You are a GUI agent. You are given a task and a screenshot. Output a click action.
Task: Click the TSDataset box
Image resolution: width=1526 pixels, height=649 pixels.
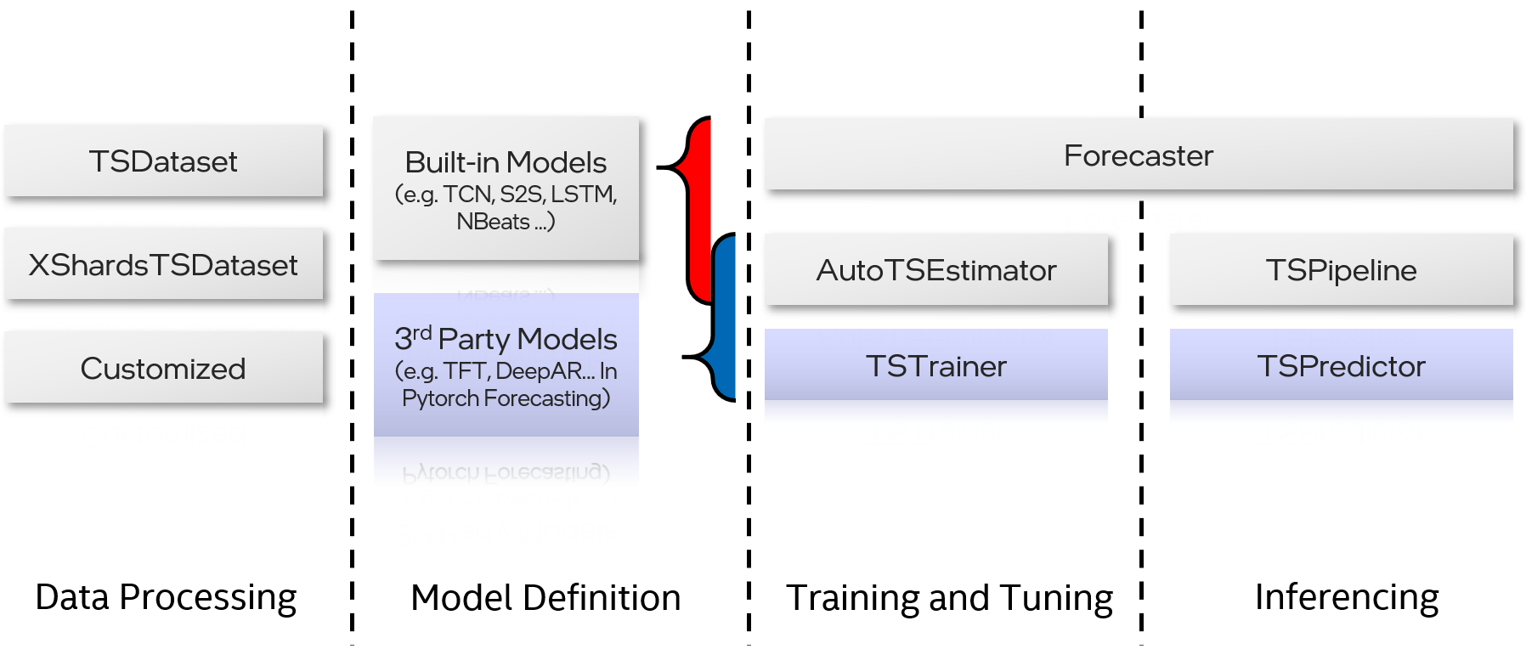point(163,161)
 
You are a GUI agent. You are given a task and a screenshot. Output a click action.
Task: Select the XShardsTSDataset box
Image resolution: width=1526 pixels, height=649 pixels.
point(163,265)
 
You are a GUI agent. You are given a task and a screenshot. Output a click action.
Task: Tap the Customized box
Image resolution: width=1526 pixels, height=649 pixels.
point(163,369)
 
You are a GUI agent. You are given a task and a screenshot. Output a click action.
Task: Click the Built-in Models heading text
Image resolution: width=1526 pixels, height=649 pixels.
point(506,162)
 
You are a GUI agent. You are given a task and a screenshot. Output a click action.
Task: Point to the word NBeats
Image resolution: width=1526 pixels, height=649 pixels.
point(493,222)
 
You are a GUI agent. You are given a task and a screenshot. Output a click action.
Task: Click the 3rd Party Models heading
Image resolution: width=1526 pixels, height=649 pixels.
point(506,339)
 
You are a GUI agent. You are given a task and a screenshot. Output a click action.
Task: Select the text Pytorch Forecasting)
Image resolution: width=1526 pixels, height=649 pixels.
point(506,398)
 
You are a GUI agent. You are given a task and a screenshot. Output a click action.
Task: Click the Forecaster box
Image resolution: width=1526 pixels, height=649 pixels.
point(1139,155)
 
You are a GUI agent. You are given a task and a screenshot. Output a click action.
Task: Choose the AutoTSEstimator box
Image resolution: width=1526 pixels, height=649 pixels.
point(935,270)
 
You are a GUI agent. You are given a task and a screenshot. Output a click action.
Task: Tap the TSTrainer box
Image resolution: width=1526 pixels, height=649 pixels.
point(935,366)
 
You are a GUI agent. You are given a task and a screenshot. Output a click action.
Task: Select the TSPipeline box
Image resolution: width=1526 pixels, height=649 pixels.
point(1341,270)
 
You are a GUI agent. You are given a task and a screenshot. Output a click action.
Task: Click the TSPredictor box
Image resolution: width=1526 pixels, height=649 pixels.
point(1341,366)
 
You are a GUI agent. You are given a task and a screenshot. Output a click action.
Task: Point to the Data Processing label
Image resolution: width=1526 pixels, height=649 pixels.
point(166,597)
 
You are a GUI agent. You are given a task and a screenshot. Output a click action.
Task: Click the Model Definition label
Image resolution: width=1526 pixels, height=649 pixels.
point(545,598)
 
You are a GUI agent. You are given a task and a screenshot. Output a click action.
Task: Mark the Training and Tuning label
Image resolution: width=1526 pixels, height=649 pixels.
point(949,598)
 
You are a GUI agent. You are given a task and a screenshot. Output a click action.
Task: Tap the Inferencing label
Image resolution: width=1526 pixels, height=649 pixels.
point(1347,597)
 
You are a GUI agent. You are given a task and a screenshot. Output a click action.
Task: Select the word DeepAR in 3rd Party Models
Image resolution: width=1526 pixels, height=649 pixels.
point(544,371)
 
